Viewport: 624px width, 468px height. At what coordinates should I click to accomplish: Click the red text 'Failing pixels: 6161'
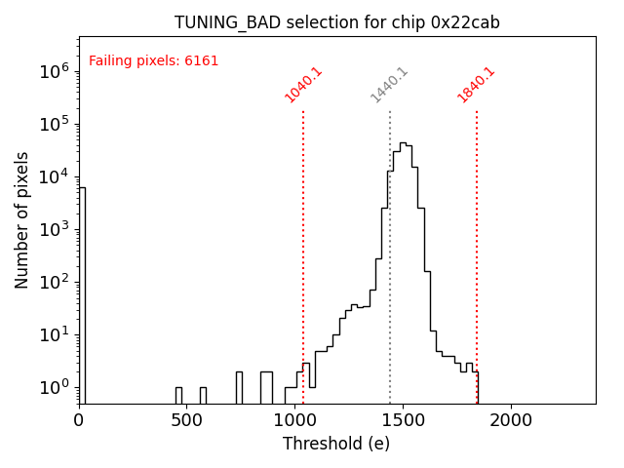(154, 61)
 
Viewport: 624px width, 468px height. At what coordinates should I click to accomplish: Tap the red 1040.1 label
(303, 85)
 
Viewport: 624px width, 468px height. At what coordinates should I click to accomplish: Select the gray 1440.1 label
(389, 85)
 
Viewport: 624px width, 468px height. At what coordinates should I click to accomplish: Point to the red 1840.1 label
(476, 85)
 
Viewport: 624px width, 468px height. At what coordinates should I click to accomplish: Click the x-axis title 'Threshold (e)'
(336, 444)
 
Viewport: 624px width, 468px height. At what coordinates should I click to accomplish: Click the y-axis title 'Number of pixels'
(22, 219)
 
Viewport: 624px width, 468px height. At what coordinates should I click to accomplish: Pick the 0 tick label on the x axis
(79, 420)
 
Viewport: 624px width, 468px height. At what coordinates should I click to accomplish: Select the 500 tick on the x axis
(187, 420)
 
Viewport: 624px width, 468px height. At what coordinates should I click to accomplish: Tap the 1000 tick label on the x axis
(294, 420)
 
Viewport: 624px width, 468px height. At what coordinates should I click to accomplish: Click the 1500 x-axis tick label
(403, 420)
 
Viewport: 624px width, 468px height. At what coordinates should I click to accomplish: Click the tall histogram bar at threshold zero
(82, 292)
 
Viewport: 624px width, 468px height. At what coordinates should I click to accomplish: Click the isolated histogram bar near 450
(178, 395)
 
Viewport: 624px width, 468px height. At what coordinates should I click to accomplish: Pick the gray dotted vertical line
(390, 292)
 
